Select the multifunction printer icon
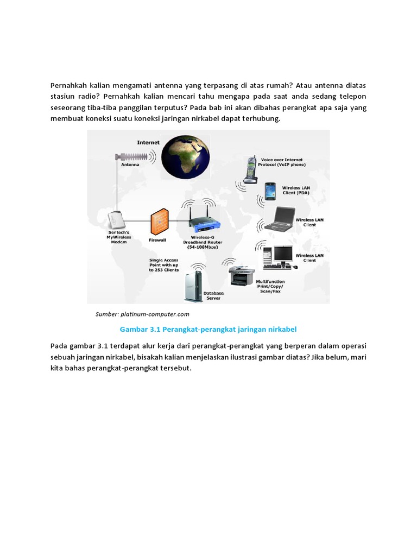coord(239,275)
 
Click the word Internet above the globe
coord(148,142)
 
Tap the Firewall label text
coord(157,239)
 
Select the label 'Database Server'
coord(213,295)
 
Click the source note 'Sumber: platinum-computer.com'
coord(142,314)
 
